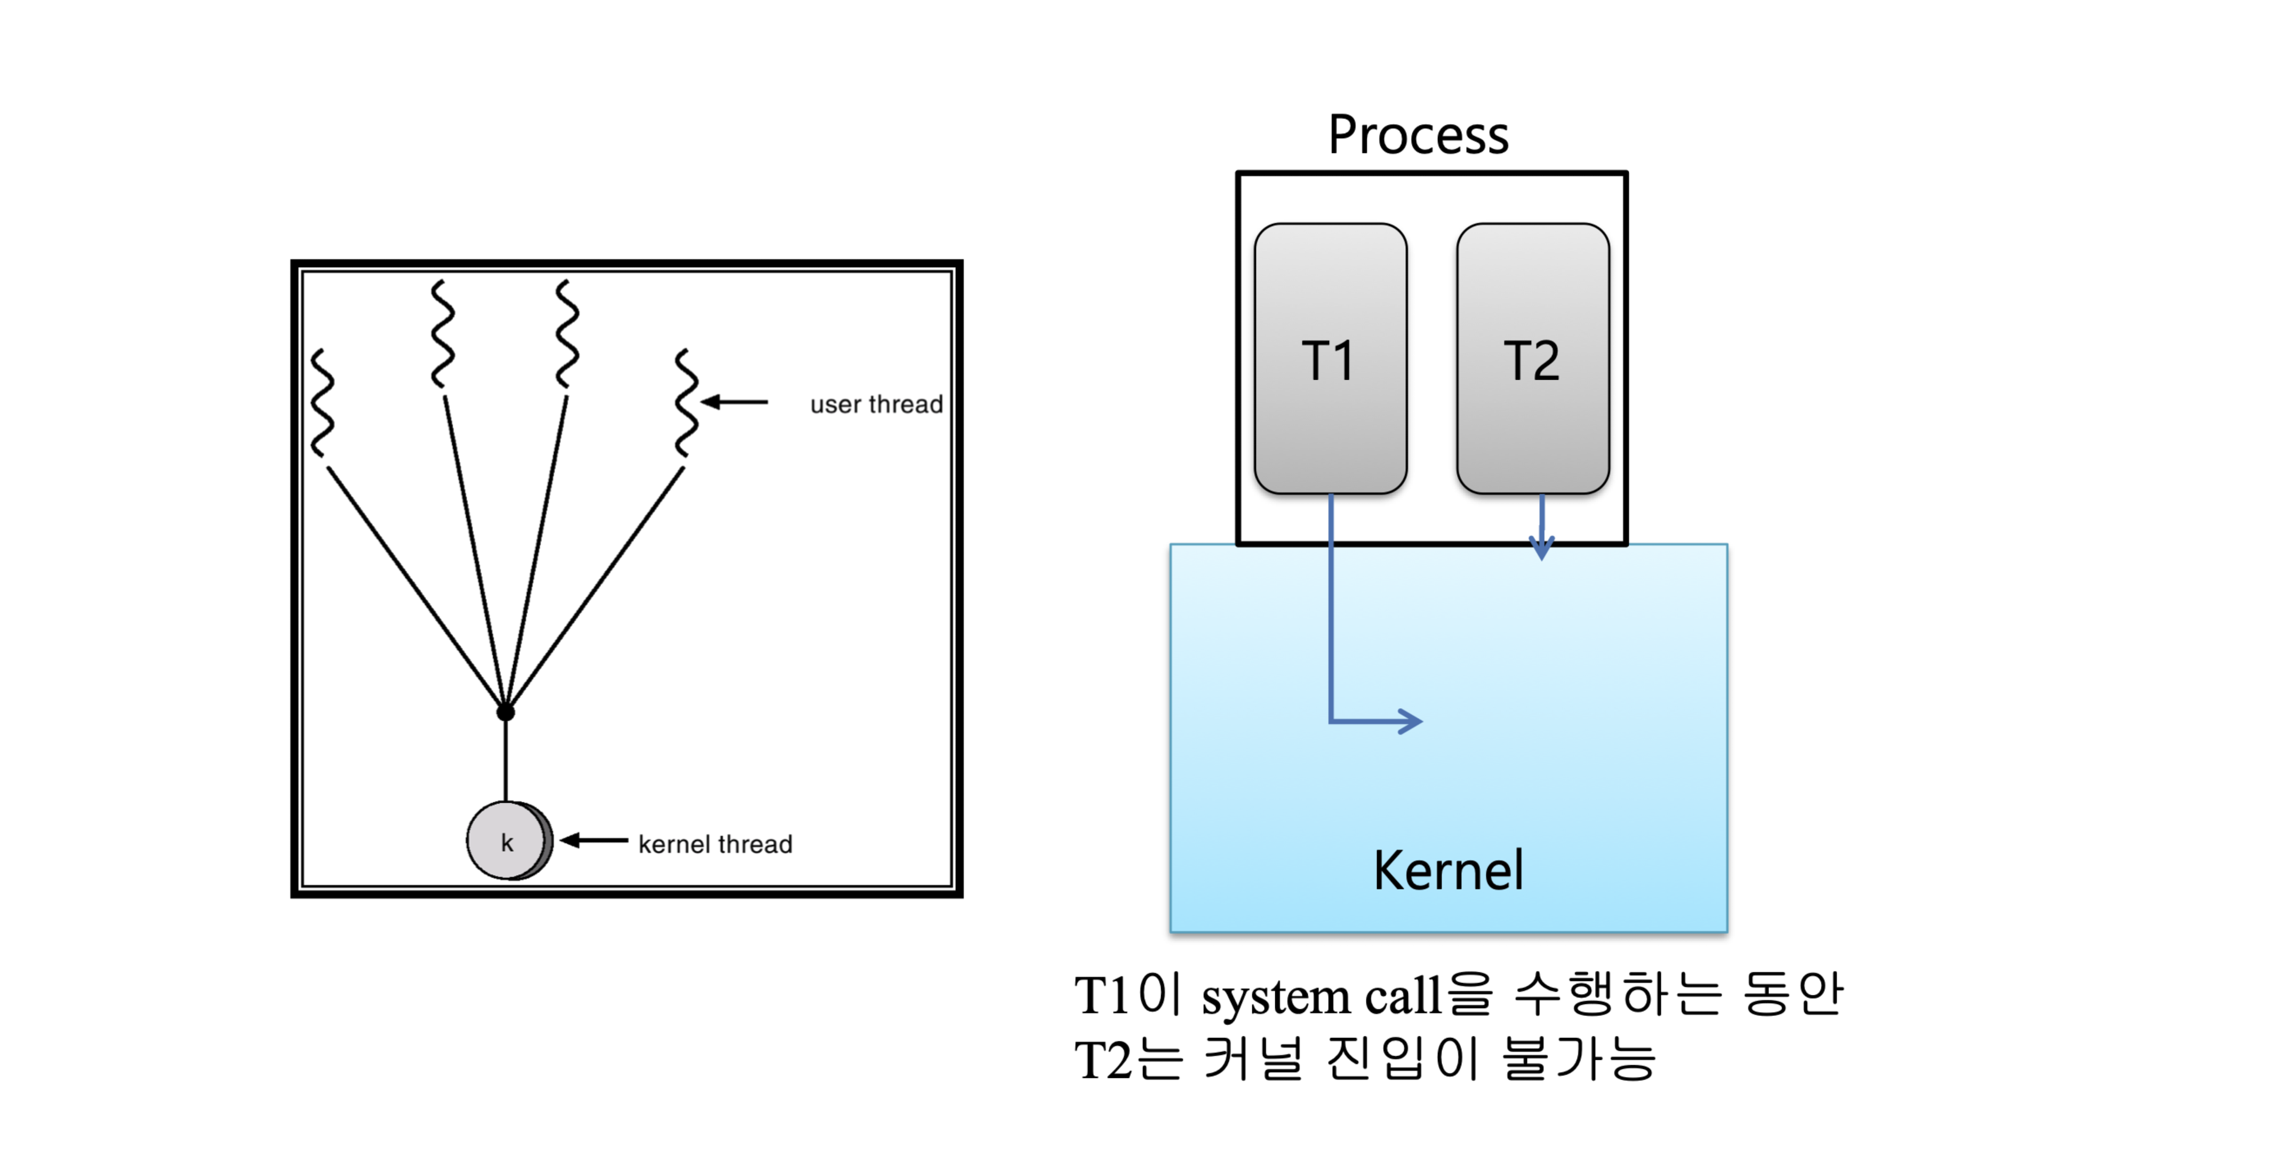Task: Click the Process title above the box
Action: point(1418,136)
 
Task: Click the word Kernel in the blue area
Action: point(1448,871)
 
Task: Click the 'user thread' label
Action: point(876,404)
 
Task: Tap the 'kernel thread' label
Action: point(715,844)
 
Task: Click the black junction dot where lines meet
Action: point(506,712)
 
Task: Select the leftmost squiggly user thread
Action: point(323,402)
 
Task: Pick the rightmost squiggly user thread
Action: point(685,402)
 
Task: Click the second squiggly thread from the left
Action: point(443,333)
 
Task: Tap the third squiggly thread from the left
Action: point(567,333)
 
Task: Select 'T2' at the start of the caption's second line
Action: point(1102,1059)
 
